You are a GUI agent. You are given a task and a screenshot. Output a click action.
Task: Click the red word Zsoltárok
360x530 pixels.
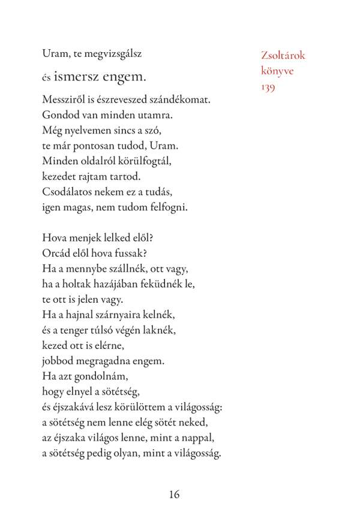click(x=283, y=55)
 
